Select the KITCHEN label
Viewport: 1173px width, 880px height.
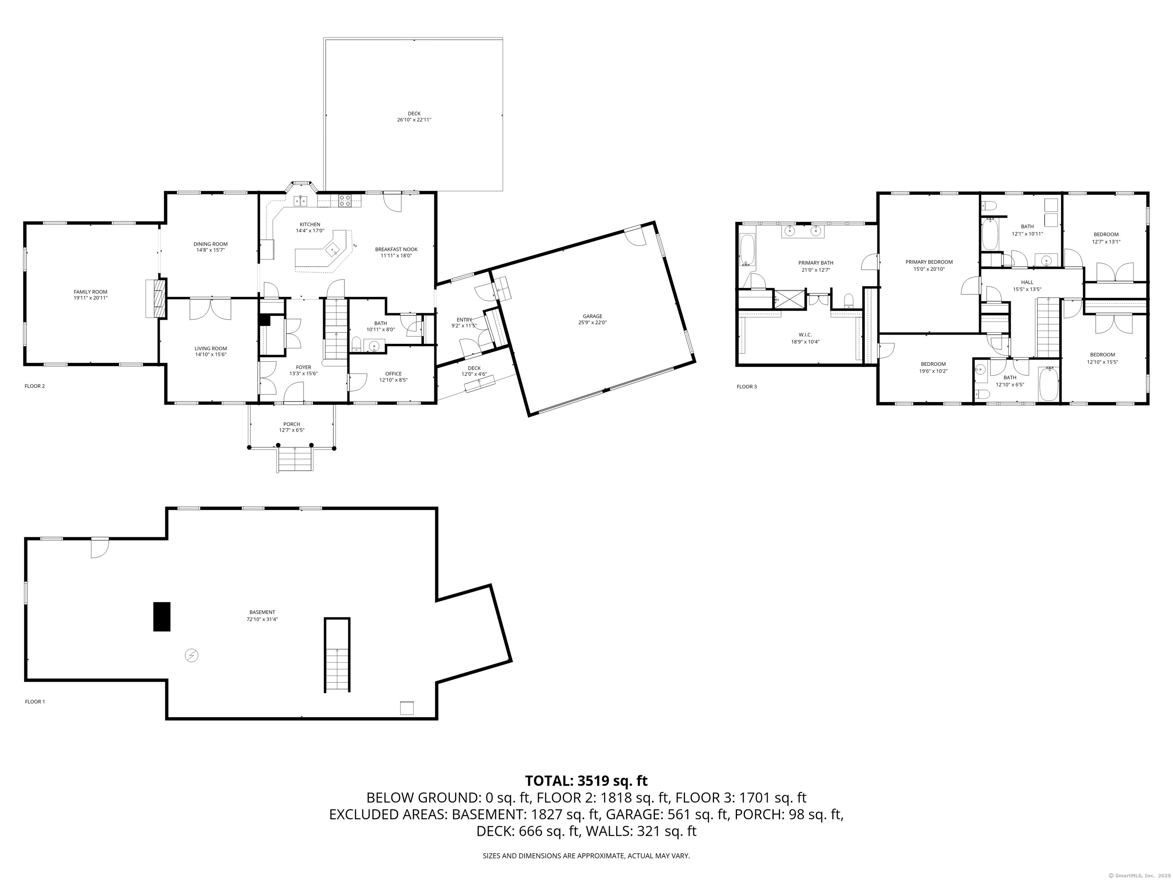310,224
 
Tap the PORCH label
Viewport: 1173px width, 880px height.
292,424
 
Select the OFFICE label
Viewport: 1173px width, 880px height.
393,374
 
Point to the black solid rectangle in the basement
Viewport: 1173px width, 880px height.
162,616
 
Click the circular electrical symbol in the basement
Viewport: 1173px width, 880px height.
191,656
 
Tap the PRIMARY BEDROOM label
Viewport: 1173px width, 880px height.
929,262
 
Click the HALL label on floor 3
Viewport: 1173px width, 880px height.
1027,282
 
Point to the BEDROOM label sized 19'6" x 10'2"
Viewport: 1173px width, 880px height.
933,364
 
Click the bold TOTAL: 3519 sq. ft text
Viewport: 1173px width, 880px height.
586,781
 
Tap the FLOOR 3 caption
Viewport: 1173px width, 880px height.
746,387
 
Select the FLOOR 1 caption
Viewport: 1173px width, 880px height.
35,702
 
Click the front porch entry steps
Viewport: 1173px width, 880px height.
294,459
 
